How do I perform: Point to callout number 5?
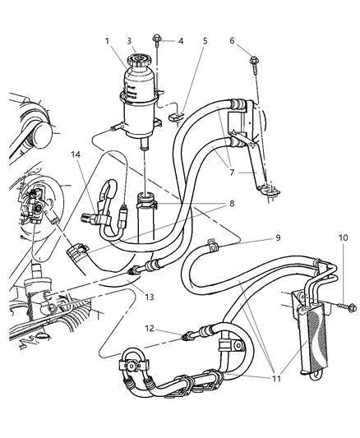[205, 40]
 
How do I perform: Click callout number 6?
[233, 40]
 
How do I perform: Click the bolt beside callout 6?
[252, 60]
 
